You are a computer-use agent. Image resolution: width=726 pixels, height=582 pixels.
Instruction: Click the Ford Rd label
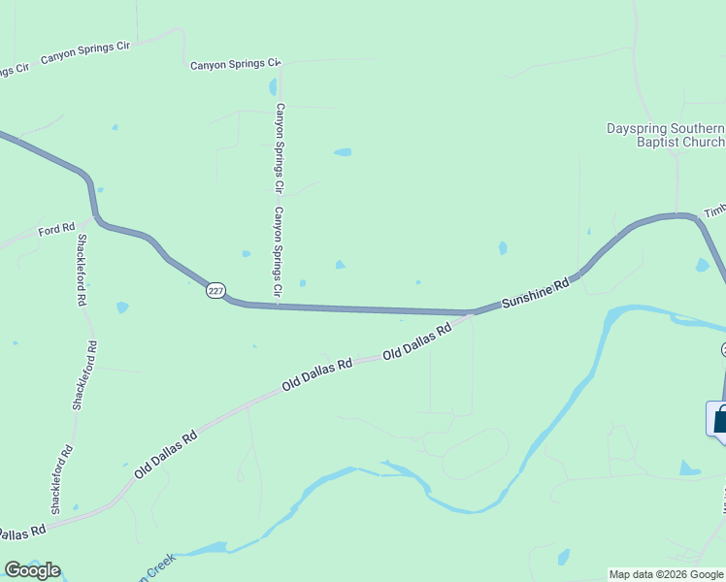[56, 230]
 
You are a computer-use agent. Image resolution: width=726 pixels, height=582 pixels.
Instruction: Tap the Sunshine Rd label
[534, 295]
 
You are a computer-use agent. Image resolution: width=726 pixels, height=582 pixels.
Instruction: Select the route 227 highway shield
[215, 290]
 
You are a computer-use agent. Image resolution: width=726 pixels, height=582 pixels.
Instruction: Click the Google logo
[32, 570]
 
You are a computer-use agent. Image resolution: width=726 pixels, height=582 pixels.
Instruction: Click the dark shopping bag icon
[720, 421]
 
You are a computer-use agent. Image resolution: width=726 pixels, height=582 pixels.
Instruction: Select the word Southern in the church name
[697, 128]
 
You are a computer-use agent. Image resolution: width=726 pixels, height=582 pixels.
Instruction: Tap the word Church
[704, 143]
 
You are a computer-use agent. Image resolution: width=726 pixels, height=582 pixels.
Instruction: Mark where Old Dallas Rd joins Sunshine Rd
[471, 314]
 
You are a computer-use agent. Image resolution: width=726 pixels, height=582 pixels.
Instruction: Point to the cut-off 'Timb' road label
[714, 210]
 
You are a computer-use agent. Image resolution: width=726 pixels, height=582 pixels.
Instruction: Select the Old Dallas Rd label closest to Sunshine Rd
[417, 342]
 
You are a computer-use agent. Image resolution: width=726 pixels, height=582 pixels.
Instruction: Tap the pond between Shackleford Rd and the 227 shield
[122, 307]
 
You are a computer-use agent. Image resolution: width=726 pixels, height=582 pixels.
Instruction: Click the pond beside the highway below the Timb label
[702, 265]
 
